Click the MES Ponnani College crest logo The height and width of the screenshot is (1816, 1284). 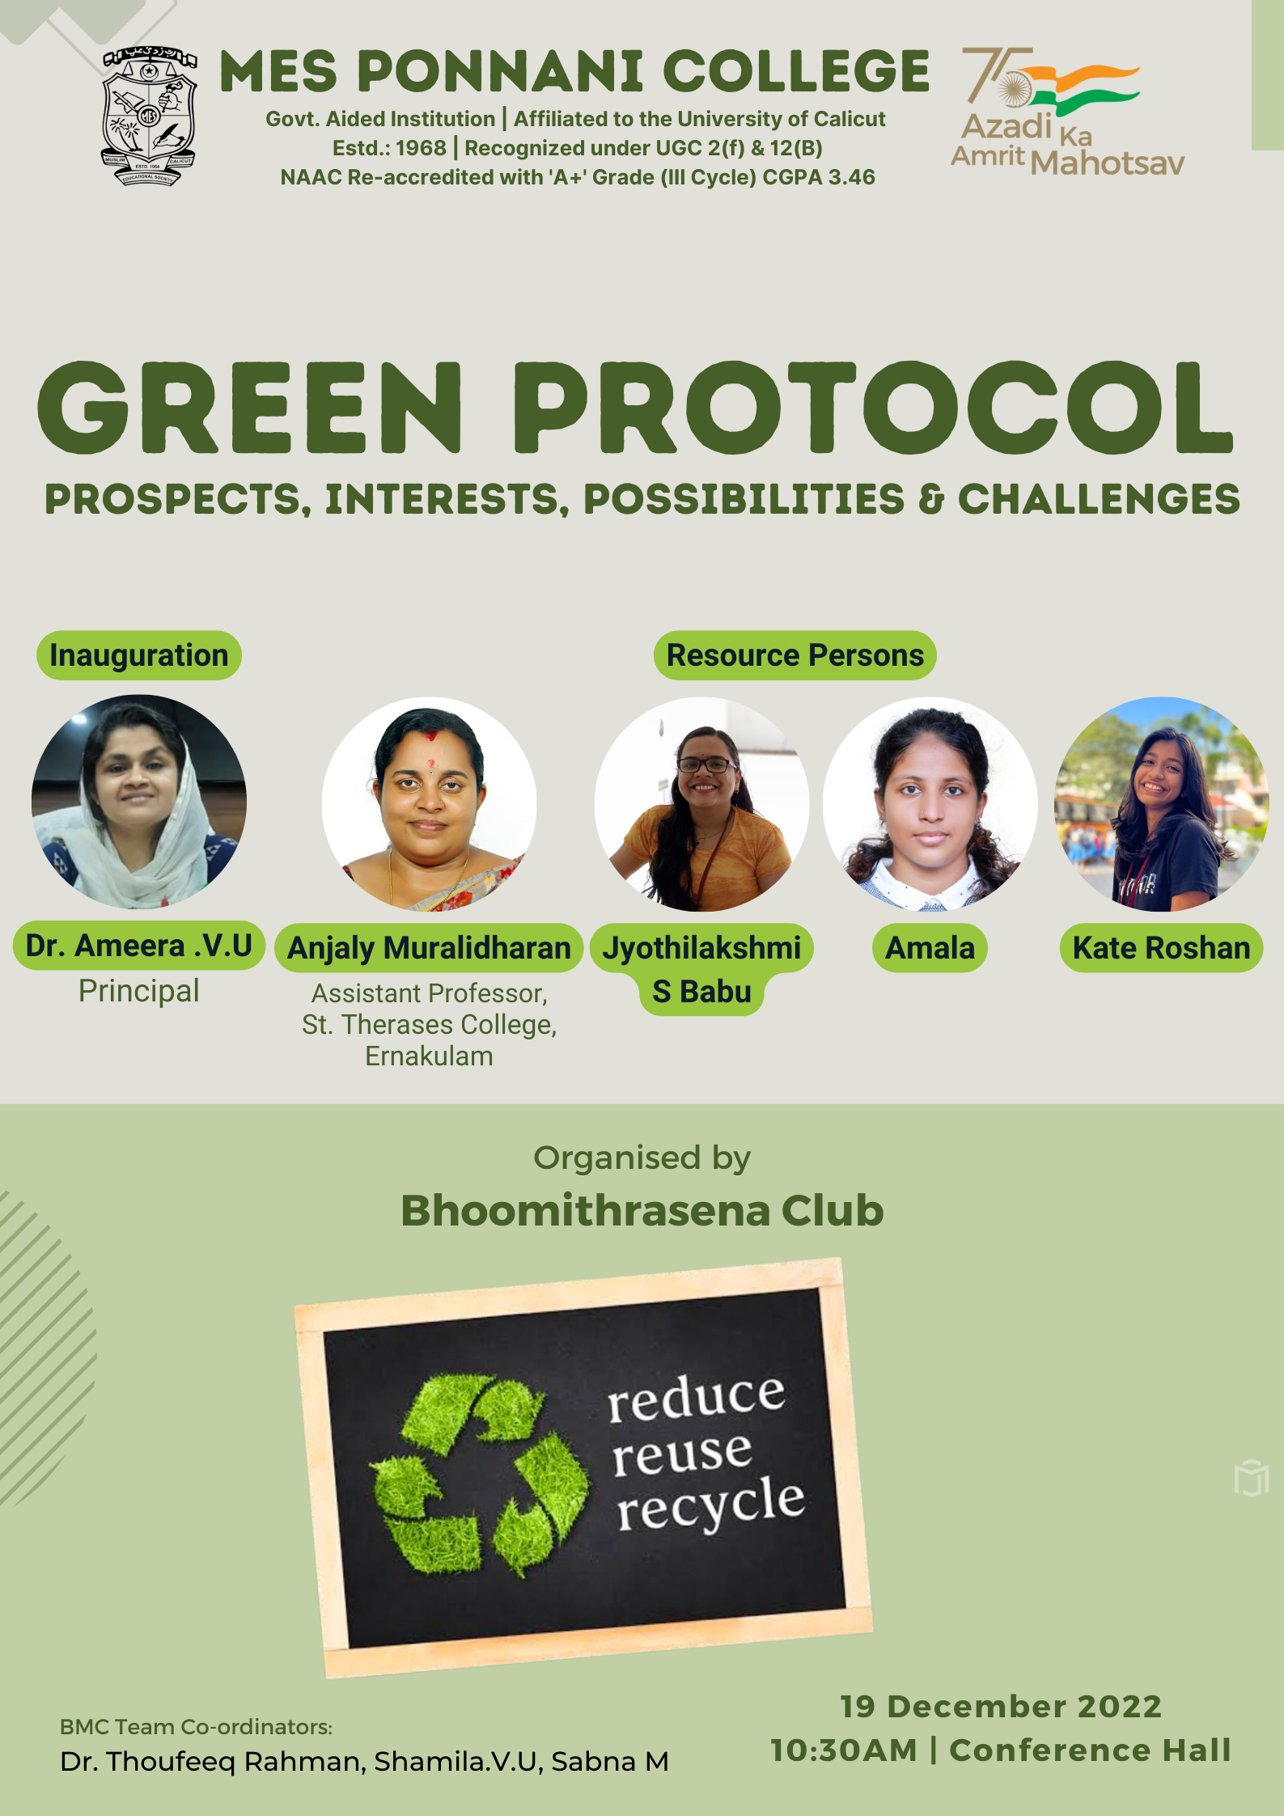click(149, 116)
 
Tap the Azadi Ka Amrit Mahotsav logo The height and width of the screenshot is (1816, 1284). click(1067, 112)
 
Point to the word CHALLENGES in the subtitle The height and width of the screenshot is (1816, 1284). click(1099, 499)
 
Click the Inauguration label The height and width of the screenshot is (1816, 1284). click(139, 655)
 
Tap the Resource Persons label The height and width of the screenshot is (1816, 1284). click(795, 655)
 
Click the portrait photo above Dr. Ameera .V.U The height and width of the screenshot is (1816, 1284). click(139, 802)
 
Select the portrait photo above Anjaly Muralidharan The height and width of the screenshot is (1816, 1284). click(429, 804)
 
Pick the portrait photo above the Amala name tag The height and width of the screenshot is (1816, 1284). click(930, 804)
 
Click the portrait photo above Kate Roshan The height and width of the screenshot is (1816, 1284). click(1161, 804)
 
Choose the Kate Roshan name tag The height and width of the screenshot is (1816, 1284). click(1161, 948)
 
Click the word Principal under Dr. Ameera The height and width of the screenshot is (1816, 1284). click(139, 991)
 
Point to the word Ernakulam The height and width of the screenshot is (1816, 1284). click(429, 1056)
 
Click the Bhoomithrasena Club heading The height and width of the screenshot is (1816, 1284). click(642, 1211)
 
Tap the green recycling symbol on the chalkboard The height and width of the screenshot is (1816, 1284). click(481, 1475)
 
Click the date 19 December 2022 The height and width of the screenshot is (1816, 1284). click(1001, 1707)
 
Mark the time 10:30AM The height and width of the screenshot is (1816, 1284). click(844, 1750)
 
